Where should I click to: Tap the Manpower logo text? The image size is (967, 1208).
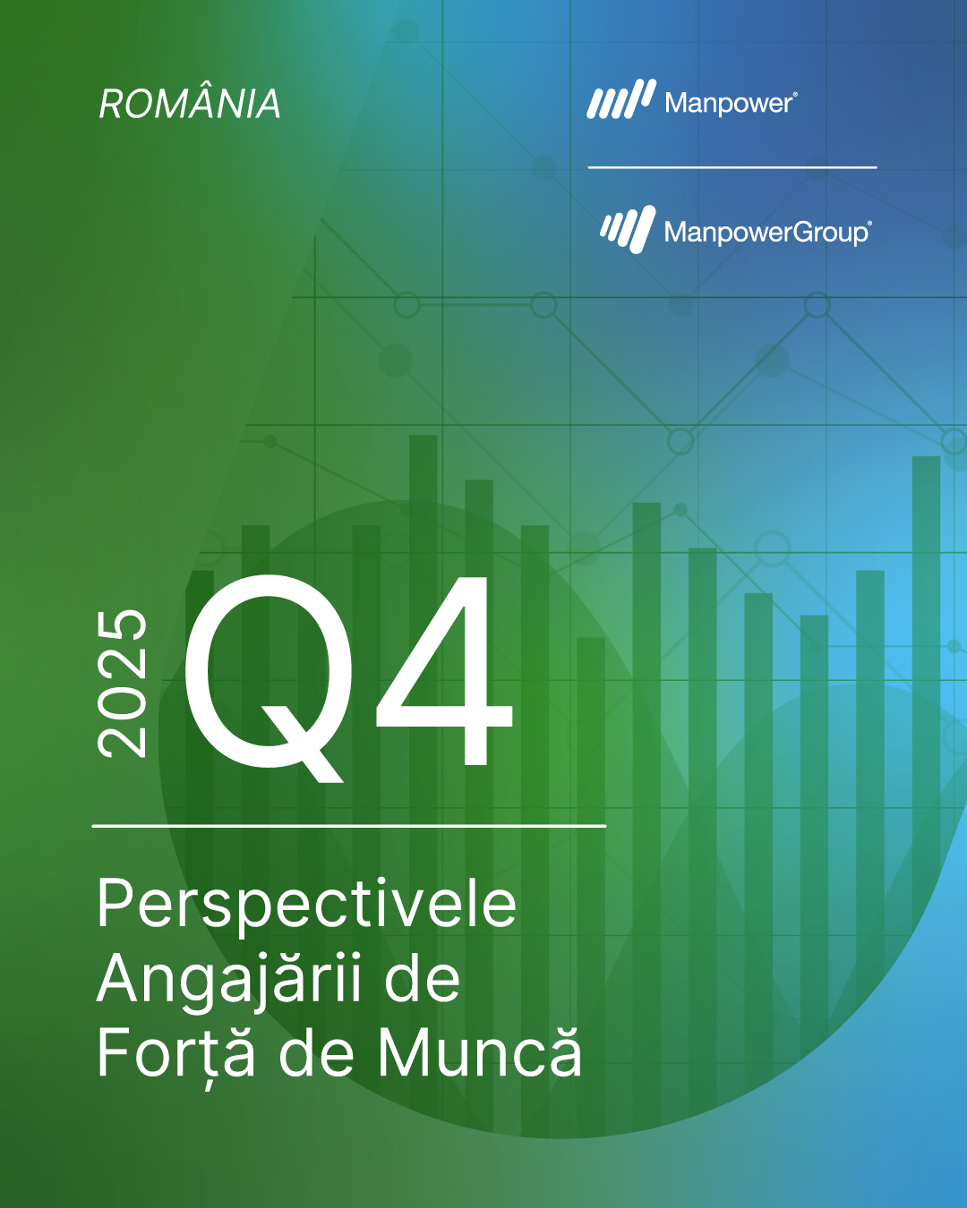coord(729,103)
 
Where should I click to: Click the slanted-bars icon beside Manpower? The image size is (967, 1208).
coord(621,99)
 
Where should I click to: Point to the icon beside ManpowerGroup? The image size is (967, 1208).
coord(629,229)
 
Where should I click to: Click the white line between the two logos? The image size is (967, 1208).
coord(732,167)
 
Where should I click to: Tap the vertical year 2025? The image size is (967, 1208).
coord(122,684)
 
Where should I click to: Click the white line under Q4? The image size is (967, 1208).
coord(349,826)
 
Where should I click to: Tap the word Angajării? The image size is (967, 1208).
coord(229,980)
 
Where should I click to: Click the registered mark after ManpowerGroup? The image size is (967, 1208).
coord(869,224)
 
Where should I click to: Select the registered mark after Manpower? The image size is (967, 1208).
coord(794,96)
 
